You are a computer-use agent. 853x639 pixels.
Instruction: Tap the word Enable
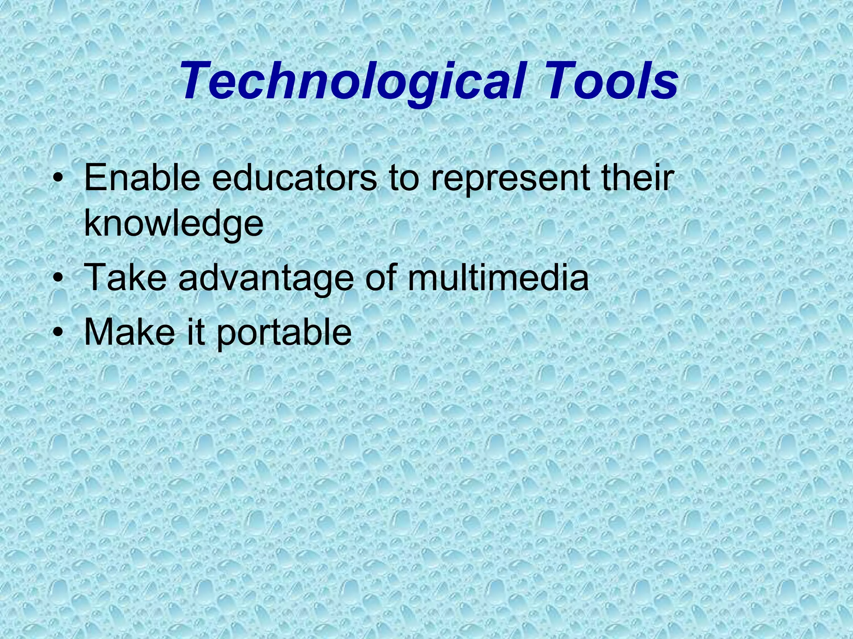tap(142, 178)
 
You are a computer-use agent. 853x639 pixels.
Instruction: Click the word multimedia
tap(498, 277)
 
